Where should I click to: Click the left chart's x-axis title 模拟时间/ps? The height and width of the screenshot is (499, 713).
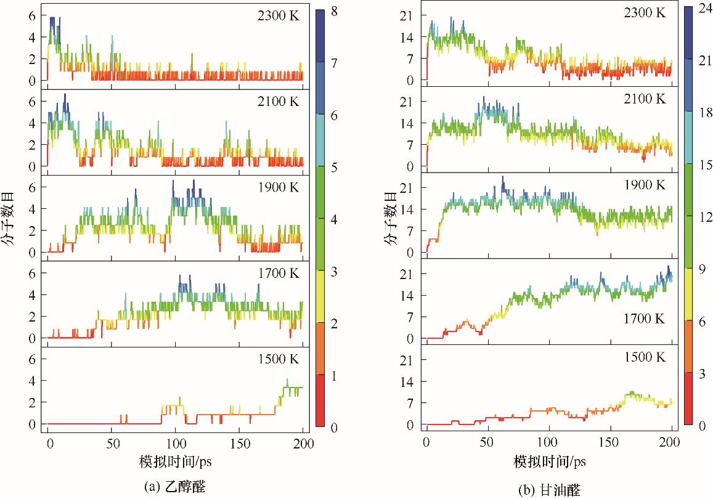(175, 461)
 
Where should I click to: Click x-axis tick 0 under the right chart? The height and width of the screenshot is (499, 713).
(426, 444)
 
